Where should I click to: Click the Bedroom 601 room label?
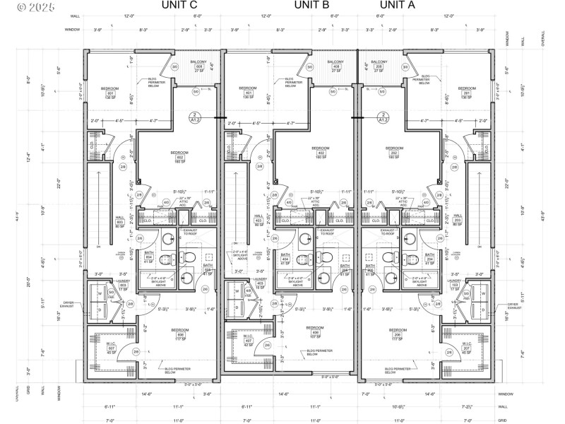(110, 93)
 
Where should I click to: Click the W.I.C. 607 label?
(112, 348)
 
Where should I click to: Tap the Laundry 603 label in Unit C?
(103, 285)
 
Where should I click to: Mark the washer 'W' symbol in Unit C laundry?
(99, 292)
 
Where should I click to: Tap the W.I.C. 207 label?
(466, 348)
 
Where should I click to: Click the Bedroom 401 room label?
(248, 93)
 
